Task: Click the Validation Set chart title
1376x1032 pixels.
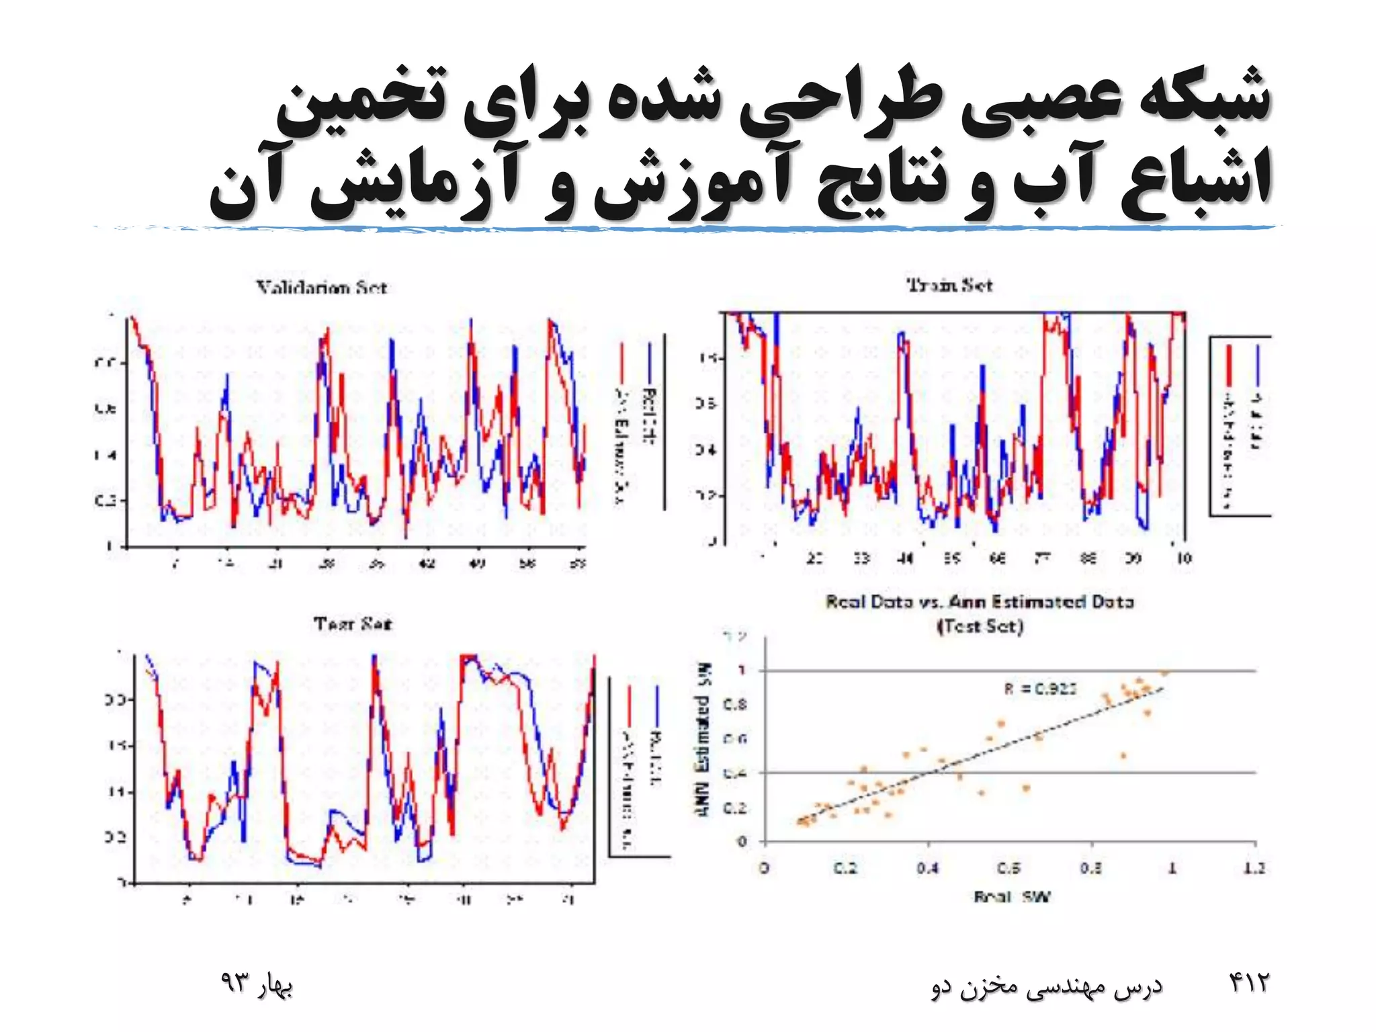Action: point(321,288)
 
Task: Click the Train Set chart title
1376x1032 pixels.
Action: point(949,285)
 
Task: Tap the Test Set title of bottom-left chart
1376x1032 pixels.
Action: point(352,624)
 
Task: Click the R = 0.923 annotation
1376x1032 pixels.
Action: point(1040,689)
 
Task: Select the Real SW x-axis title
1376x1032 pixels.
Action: point(1011,896)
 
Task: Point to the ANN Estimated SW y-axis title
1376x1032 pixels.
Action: point(703,740)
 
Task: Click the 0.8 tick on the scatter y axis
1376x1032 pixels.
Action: point(734,705)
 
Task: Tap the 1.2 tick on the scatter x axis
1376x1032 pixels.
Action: point(1254,868)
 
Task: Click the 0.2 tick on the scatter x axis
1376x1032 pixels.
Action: point(845,868)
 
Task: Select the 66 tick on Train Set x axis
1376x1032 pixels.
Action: point(998,558)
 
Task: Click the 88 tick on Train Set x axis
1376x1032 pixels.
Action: point(1088,558)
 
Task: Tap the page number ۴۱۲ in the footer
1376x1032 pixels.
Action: point(1249,983)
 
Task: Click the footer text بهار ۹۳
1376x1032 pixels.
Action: point(257,984)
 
